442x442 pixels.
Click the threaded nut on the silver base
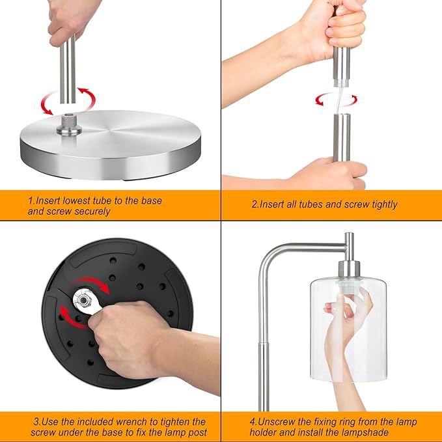(x=69, y=124)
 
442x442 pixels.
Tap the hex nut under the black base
(x=83, y=301)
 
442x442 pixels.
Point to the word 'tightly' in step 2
(x=385, y=204)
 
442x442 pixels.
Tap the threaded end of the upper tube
(x=341, y=83)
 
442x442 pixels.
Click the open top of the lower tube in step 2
(x=342, y=115)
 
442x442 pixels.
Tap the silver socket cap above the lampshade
(x=349, y=269)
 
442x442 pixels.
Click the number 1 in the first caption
(x=31, y=200)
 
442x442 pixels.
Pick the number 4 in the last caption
(x=253, y=422)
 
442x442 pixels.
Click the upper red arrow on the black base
(x=90, y=284)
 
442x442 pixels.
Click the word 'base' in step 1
(x=152, y=200)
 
